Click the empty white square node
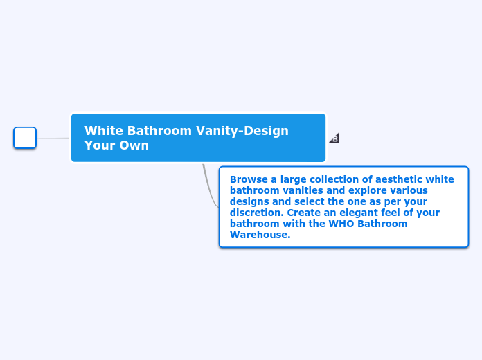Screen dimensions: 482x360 tap(25, 138)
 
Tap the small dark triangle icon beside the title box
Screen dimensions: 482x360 tap(335, 138)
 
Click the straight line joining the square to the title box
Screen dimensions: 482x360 tap(53, 138)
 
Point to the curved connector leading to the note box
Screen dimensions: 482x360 tap(209, 188)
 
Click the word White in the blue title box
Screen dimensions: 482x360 tap(104, 131)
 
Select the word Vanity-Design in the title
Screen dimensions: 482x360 tap(242, 132)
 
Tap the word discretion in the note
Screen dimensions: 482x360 tap(257, 213)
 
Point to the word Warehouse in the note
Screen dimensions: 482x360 tap(260, 235)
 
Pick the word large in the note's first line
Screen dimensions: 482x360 tap(293, 180)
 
